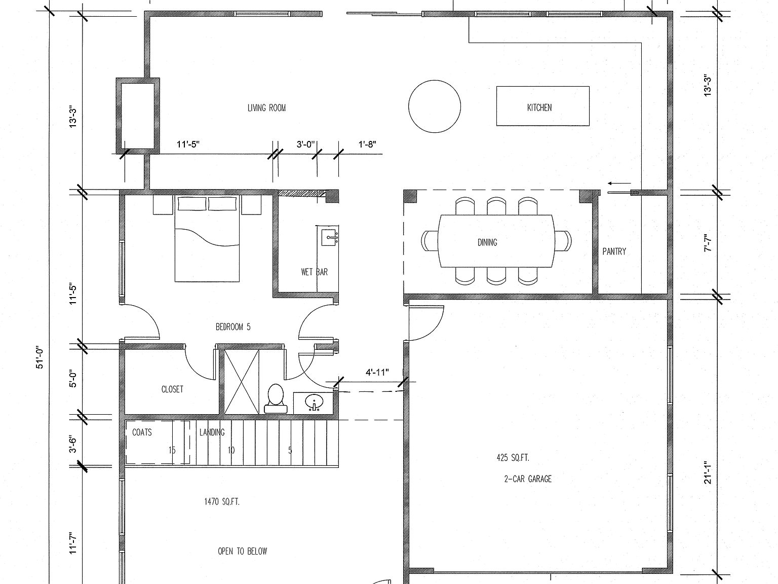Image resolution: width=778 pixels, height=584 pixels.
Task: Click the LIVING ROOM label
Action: coord(266,107)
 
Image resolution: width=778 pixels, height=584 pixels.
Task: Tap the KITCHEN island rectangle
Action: coord(542,106)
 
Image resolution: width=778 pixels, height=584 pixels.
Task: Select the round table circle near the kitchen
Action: coord(435,106)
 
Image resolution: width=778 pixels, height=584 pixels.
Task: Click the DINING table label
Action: coord(487,242)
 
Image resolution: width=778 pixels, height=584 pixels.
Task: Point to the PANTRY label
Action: coord(614,251)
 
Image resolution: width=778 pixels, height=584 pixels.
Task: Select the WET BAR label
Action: coord(314,272)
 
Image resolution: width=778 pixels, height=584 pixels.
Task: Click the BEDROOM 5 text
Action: coord(233,327)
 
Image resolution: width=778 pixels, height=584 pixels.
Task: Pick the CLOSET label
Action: coord(172,389)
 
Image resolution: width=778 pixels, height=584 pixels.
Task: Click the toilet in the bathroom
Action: coord(276,399)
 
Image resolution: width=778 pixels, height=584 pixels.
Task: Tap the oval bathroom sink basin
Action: coord(315,403)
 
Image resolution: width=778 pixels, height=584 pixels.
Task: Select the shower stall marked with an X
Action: coord(242,381)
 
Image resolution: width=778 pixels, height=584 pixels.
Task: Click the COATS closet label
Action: coord(142,432)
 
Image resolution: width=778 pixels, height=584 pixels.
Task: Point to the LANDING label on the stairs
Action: coord(212,432)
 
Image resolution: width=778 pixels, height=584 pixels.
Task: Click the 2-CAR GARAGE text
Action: coord(528,479)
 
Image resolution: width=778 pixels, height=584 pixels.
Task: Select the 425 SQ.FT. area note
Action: coord(513,458)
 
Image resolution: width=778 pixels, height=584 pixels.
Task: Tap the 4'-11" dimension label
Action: coord(377,373)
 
